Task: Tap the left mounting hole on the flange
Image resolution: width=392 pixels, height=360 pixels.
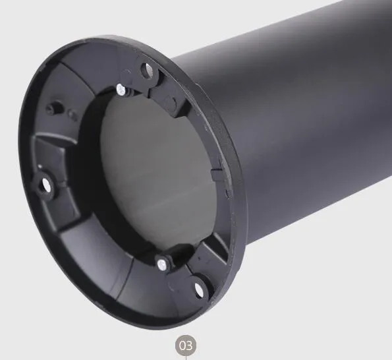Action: [x=47, y=185]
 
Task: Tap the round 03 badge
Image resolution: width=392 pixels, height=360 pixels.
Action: [x=186, y=344]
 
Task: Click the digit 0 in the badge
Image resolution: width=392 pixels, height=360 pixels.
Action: [x=183, y=344]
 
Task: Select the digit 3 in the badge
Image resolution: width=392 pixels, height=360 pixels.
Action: [x=190, y=344]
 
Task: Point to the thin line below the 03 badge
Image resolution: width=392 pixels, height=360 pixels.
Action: [x=186, y=357]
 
